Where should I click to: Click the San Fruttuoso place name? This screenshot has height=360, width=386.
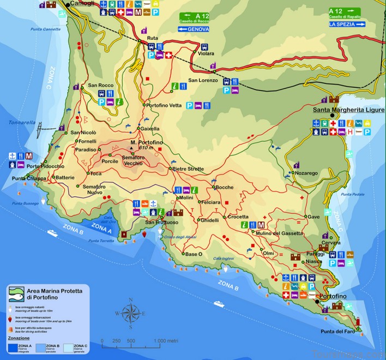pyautogui.click(x=162, y=222)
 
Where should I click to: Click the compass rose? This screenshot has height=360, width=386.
pyautogui.click(x=130, y=313)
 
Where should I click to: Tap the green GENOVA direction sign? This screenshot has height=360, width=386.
pyautogui.click(x=195, y=22)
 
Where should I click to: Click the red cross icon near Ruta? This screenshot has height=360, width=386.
pyautogui.click(x=169, y=55)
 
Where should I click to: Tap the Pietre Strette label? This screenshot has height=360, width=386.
pyautogui.click(x=188, y=169)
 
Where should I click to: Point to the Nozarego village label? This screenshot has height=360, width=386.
pyautogui.click(x=306, y=173)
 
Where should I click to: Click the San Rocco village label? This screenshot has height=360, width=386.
pyautogui.click(x=100, y=86)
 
